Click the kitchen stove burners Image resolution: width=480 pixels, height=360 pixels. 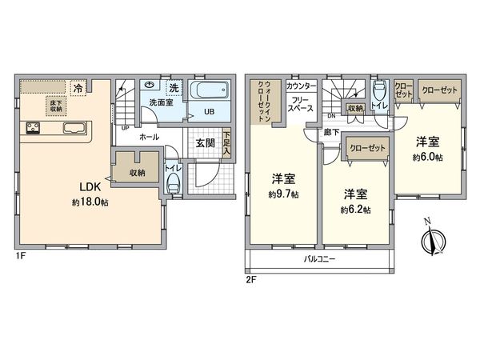(34, 128)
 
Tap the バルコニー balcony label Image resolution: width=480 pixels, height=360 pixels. (319, 260)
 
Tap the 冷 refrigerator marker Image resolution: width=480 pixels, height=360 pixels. (79, 86)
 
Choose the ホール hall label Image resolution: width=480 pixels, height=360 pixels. (148, 137)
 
